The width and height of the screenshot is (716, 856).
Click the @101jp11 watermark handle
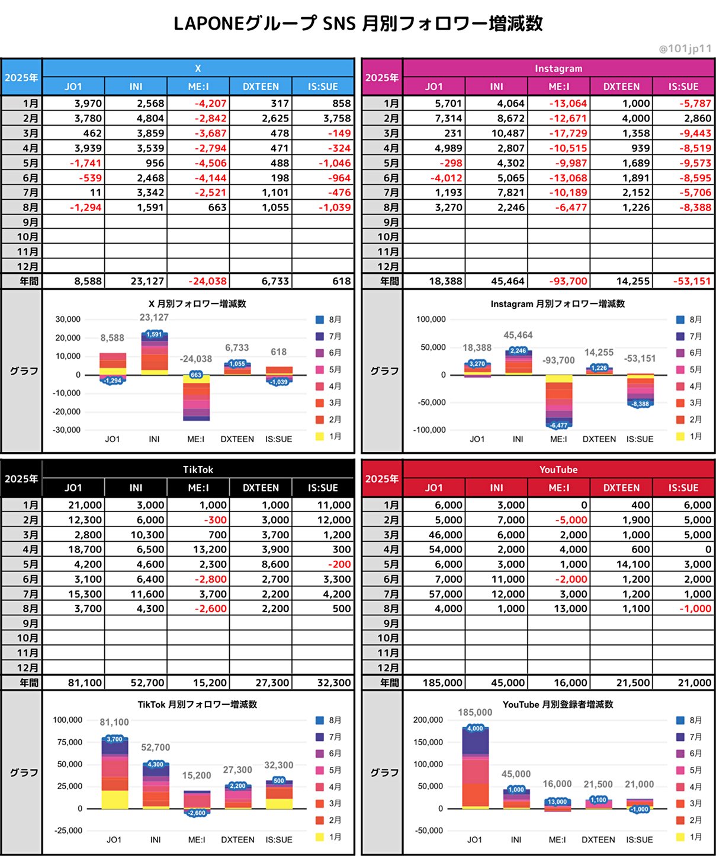coord(685,49)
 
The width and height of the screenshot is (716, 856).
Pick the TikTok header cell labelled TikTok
coord(198,469)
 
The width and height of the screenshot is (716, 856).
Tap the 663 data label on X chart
coord(196,375)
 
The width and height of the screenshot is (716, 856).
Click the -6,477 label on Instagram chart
coord(558,425)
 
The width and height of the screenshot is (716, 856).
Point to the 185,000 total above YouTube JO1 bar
coord(475,712)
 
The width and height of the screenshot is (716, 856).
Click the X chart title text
coord(197,304)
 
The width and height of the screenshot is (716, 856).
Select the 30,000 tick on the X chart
coord(68,319)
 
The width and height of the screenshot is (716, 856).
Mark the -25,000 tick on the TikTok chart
coord(68,830)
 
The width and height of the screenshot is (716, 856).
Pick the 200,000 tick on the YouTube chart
coord(428,720)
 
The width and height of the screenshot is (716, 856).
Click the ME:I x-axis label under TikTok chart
coord(196,839)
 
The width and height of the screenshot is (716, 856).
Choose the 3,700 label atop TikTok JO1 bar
coord(114,739)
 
